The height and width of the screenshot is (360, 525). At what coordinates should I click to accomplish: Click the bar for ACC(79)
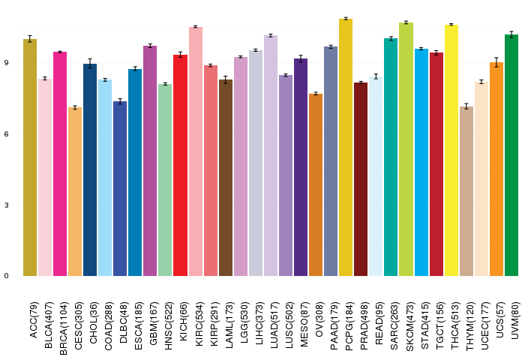[30, 157]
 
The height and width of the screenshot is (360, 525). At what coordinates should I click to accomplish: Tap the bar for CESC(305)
[75, 192]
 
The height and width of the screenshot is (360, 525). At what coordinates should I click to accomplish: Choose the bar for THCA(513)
[451, 150]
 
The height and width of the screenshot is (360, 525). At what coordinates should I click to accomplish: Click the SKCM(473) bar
[406, 149]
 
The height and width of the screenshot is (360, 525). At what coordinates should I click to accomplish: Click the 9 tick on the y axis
[6, 63]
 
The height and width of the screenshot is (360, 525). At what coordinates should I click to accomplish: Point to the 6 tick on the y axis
[6, 134]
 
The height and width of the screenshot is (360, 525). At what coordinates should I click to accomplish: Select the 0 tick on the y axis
[6, 276]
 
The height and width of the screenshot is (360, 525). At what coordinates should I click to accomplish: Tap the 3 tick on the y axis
[6, 205]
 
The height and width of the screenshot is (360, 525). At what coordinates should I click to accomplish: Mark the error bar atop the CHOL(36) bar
[90, 64]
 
